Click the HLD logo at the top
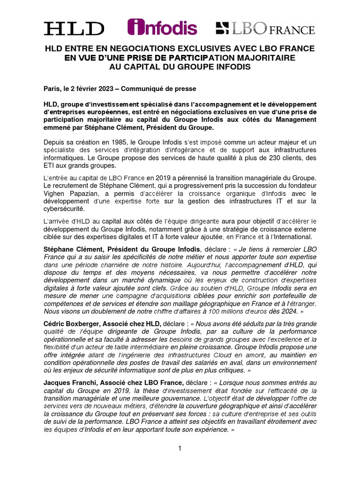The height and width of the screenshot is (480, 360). click(x=74, y=28)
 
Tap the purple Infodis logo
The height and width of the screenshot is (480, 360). click(x=162, y=27)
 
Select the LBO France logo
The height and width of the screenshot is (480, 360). click(x=265, y=28)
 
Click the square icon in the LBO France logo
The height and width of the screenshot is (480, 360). click(x=222, y=28)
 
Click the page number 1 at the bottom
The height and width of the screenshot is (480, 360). click(x=180, y=449)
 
